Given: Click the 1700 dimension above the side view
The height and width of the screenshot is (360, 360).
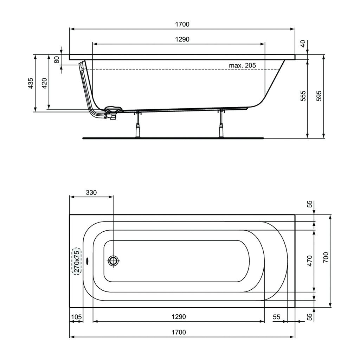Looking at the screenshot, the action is [182, 24].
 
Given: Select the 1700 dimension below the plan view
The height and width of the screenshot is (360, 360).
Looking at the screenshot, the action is [179, 332].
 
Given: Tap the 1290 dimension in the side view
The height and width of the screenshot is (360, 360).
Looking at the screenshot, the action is [182, 39].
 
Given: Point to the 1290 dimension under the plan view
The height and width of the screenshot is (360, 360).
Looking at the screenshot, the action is [179, 317].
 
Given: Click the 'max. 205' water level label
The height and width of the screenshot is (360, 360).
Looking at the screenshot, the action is [242, 65].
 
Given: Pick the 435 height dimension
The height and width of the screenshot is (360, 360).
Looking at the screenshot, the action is [31, 83].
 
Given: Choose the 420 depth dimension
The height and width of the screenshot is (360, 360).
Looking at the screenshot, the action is [45, 83].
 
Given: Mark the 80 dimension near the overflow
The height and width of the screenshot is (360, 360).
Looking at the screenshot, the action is [57, 59].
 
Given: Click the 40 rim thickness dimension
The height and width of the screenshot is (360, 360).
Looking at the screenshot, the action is [303, 43].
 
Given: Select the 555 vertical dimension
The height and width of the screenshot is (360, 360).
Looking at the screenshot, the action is [303, 96].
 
